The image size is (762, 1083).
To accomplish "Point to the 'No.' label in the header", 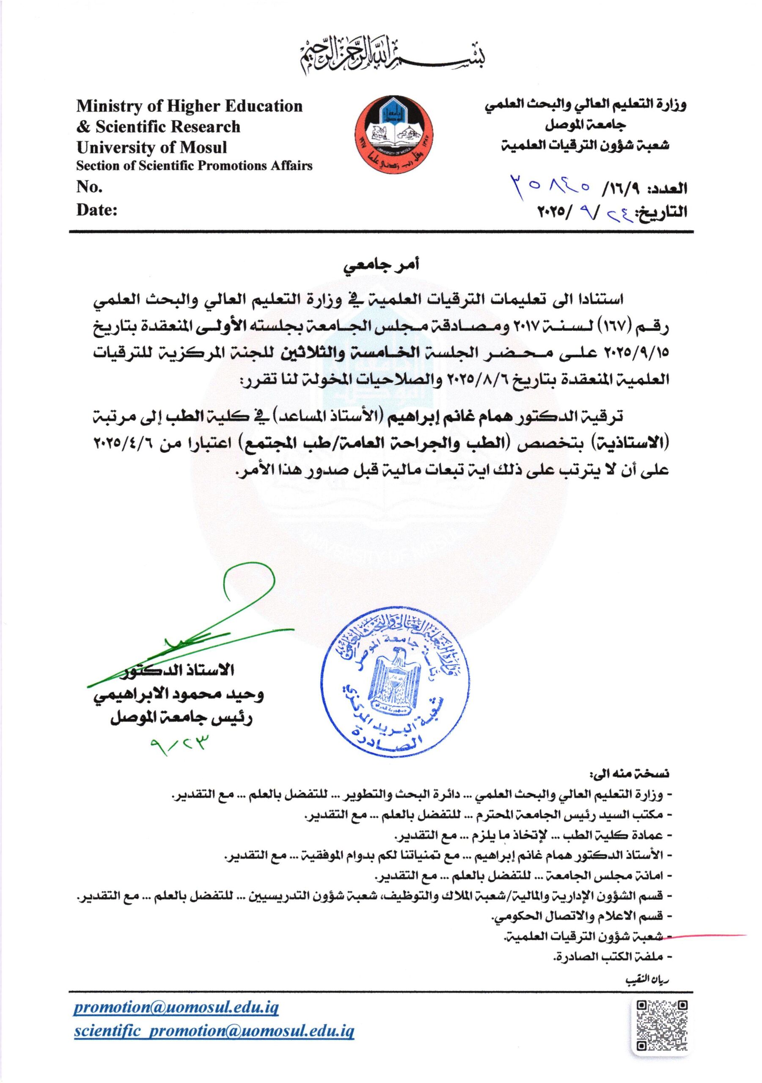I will pos(89,188).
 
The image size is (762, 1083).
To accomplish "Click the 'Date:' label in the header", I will pos(97,210).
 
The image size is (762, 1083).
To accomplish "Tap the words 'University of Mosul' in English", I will pos(151,148).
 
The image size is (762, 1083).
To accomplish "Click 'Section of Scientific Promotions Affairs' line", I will pos(194,166).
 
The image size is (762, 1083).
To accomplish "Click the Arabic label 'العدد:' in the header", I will pos(668,190).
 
